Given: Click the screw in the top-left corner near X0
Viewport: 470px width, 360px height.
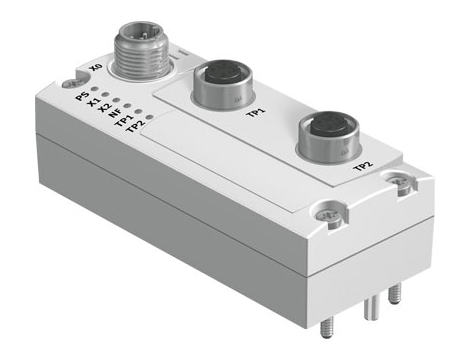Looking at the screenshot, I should (x=68, y=86).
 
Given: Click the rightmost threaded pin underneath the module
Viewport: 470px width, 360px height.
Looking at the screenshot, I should (x=395, y=292).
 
